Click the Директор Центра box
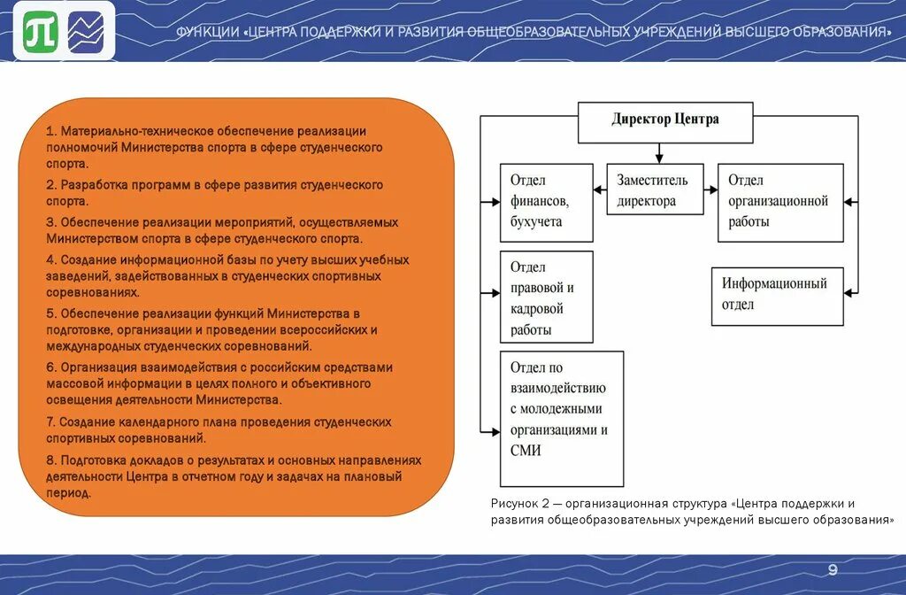(665, 122)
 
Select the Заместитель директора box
(655, 189)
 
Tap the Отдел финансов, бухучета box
(546, 202)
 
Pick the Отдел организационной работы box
(780, 202)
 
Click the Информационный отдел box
(777, 296)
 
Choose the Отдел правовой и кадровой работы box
(546, 297)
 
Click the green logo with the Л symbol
(41, 35)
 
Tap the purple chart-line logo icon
(86, 35)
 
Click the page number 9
(832, 568)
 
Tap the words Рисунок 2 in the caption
(518, 503)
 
